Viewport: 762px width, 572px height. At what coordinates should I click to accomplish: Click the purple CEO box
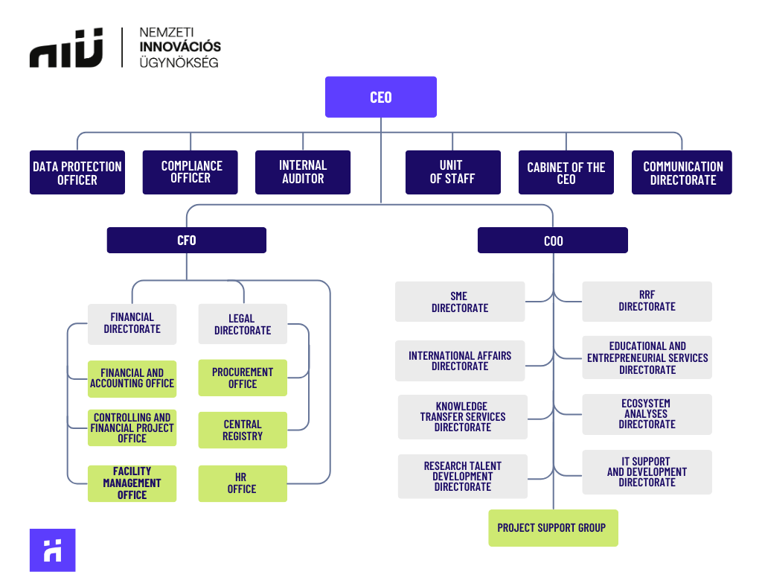click(x=380, y=97)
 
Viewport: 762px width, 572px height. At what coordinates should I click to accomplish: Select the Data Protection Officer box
click(x=77, y=173)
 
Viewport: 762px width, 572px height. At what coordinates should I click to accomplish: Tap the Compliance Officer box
click(x=190, y=172)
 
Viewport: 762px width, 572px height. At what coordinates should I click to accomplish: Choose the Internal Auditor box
click(x=302, y=172)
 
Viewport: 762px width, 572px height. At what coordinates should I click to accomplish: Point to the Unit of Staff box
click(x=452, y=172)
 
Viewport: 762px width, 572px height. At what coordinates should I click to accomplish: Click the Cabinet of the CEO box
click(x=566, y=173)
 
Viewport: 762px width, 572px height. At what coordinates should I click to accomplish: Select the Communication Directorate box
click(x=682, y=173)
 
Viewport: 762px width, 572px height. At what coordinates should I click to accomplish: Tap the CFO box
click(x=186, y=241)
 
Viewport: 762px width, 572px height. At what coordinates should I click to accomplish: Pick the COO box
click(x=552, y=241)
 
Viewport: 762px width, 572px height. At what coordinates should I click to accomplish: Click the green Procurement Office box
click(x=243, y=378)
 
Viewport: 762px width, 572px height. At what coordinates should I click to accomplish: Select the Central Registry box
click(x=243, y=430)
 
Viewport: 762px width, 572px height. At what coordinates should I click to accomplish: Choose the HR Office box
click(x=243, y=483)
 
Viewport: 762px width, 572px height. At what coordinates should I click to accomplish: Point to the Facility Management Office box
click(x=132, y=483)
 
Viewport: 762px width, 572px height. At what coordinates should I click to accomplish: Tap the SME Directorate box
click(x=459, y=302)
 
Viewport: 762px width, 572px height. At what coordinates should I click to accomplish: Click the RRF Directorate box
click(x=647, y=301)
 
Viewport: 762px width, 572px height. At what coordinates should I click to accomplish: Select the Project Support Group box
click(x=552, y=527)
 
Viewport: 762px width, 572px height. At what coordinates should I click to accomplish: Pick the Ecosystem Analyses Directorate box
click(x=647, y=414)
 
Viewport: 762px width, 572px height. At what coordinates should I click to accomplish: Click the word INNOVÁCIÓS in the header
click(x=180, y=47)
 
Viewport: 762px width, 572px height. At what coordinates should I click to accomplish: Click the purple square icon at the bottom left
click(x=52, y=550)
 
